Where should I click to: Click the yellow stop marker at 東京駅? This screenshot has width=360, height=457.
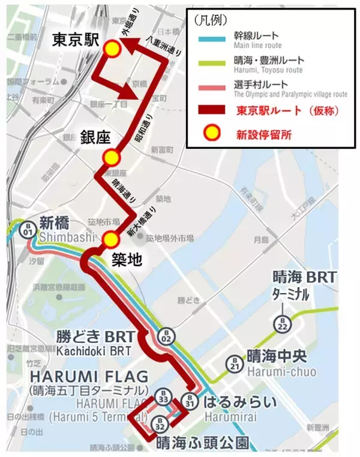(x=112, y=50)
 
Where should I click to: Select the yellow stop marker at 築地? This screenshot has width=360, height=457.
(x=109, y=240)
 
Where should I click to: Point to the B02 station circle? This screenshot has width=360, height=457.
(x=167, y=337)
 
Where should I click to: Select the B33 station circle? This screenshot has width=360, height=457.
(x=164, y=399)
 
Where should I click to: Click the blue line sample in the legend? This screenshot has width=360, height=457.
(x=206, y=40)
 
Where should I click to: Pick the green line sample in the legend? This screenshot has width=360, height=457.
(x=206, y=64)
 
